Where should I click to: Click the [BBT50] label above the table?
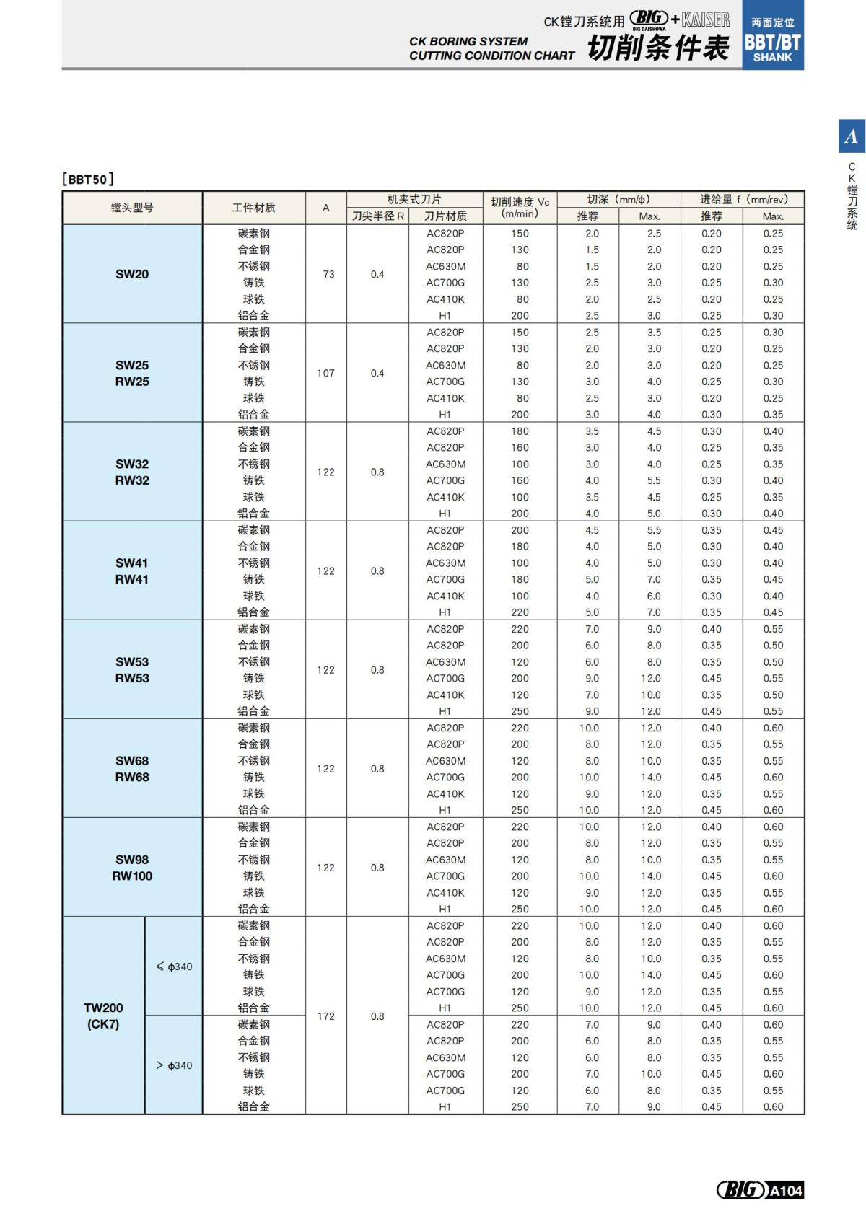(88, 179)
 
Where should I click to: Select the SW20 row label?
(132, 274)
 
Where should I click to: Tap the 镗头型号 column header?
(132, 208)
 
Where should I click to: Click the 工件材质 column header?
(253, 208)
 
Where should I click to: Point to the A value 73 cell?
(328, 274)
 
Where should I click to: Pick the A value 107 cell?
(326, 373)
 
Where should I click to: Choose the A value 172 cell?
(326, 1016)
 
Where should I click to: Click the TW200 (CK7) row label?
(103, 1016)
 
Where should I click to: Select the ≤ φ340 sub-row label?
(174, 967)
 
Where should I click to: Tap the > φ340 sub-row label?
(174, 1065)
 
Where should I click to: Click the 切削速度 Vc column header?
(520, 208)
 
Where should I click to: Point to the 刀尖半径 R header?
(377, 216)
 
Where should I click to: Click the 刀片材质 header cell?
(445, 216)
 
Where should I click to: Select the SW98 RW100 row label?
(132, 868)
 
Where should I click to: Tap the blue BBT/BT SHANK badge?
(772, 40)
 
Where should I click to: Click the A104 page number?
(785, 1190)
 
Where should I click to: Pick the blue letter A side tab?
(852, 136)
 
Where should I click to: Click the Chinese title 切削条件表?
(657, 48)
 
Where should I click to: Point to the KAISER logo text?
(706, 19)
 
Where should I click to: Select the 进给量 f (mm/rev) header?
(743, 199)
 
